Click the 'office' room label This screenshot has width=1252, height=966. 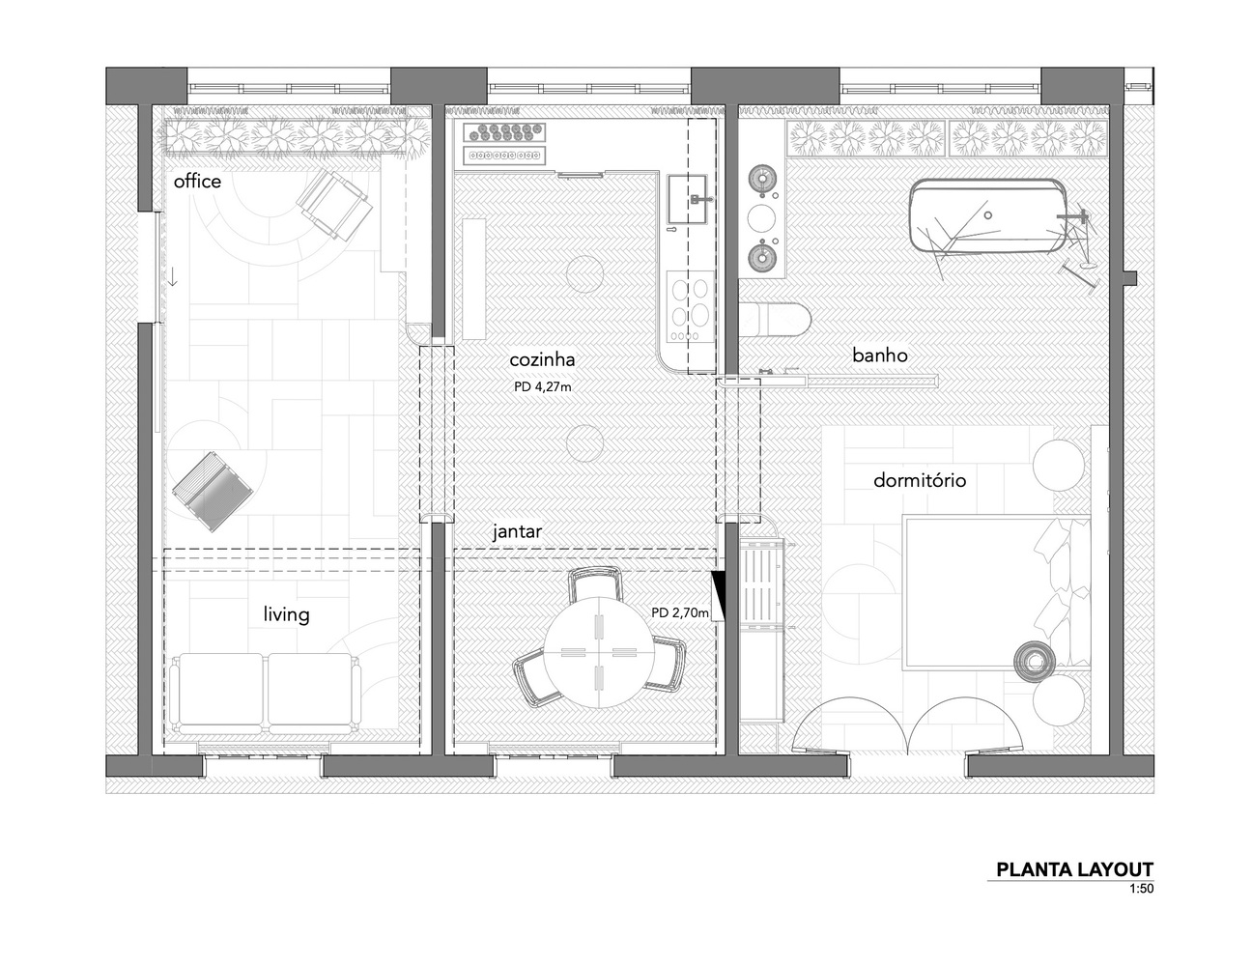point(197,182)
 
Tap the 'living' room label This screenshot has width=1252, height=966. point(286,614)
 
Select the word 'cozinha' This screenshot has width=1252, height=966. point(542,360)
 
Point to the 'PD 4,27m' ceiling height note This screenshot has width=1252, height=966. point(542,387)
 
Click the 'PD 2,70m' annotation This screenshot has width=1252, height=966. point(680,612)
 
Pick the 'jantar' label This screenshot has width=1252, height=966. point(517,531)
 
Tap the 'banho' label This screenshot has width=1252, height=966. point(880,355)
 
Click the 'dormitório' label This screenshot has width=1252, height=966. point(920,480)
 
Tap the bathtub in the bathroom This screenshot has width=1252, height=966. point(987,215)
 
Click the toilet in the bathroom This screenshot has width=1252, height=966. point(775,319)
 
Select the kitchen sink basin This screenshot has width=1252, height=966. point(687,199)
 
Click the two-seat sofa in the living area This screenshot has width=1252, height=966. point(266,694)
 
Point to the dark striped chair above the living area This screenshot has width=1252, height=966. point(213,492)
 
